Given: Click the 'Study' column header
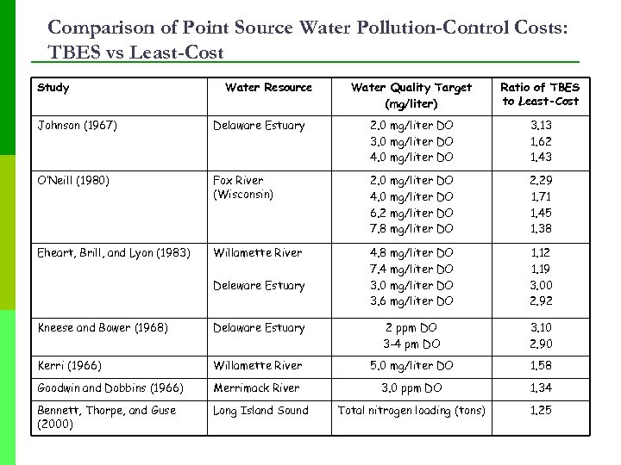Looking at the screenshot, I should [x=53, y=87].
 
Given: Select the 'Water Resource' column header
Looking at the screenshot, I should [x=268, y=87].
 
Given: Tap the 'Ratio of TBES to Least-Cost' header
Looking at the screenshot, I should [x=540, y=94].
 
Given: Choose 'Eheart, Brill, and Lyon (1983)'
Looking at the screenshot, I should [x=114, y=253].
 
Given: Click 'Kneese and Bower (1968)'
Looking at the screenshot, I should [x=102, y=328].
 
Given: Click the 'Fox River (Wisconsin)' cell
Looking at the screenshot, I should [x=243, y=188].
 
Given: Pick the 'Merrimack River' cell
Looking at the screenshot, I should [x=257, y=388].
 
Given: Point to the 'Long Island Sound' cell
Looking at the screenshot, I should [x=260, y=411].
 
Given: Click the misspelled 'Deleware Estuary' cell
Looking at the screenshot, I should [x=259, y=286].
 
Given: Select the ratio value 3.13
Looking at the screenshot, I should [x=540, y=126].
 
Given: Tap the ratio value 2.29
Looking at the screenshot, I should [x=540, y=181].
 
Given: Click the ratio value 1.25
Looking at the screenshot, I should [x=540, y=411].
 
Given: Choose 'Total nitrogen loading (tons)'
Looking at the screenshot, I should [x=411, y=411].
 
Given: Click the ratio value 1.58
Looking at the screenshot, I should [x=540, y=366].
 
